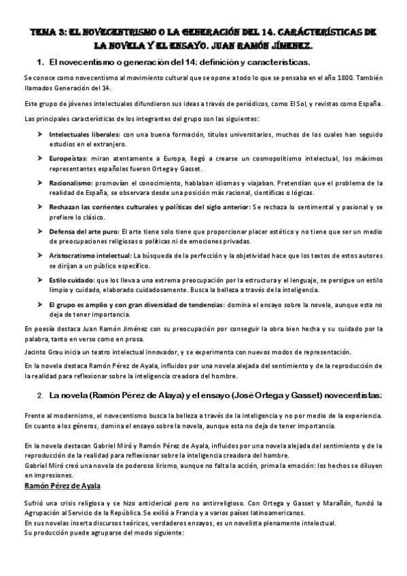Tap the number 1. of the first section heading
pyautogui.click(x=39, y=62)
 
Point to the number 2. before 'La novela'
pyautogui.click(x=40, y=395)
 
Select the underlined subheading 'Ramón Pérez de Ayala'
pyautogui.click(x=63, y=486)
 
